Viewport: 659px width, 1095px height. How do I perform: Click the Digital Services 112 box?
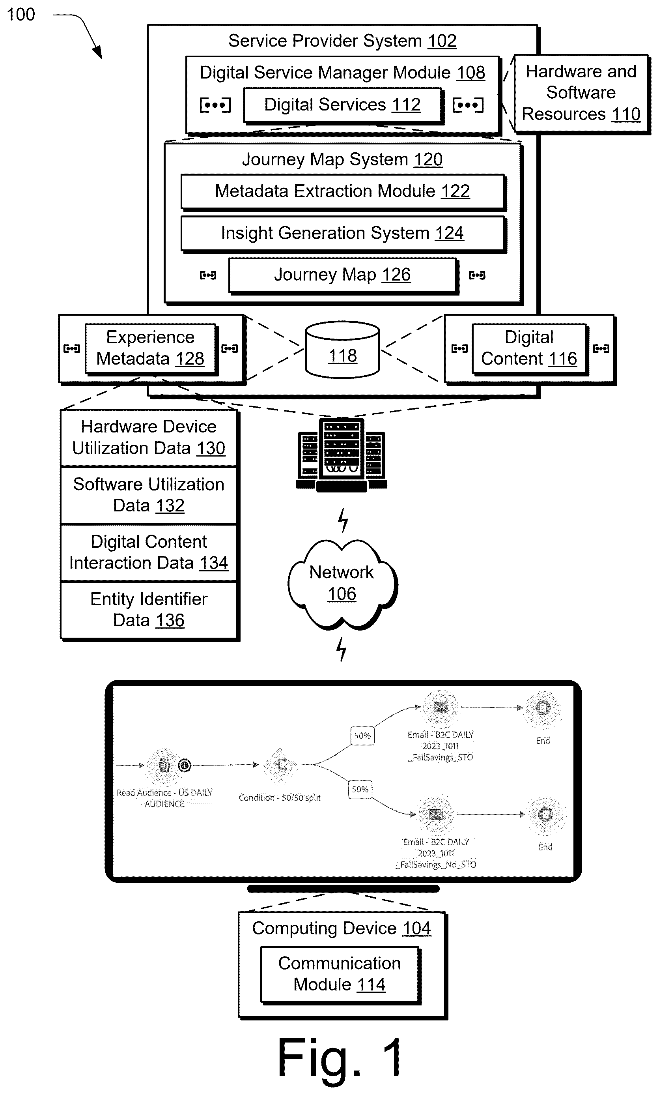343,105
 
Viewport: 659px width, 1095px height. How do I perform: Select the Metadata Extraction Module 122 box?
343,191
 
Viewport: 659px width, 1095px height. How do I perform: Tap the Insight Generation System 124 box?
343,233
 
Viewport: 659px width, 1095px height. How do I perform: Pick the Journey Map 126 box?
343,275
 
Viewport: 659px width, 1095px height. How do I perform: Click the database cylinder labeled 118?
342,350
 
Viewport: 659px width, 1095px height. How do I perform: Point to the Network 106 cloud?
342,584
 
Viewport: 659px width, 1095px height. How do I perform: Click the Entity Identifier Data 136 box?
149,610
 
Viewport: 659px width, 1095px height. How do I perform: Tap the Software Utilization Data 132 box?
149,495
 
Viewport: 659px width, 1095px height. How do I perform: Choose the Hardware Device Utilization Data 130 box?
149,438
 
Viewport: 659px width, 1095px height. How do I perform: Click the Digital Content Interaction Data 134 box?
149,552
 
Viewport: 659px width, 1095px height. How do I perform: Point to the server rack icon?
342,455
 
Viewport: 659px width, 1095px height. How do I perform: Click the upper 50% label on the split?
362,736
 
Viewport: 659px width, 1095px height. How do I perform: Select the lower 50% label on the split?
360,789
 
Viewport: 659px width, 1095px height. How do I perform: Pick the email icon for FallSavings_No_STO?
436,814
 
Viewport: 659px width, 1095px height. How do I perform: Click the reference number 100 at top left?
21,15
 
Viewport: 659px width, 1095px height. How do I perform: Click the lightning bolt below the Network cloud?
341,649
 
